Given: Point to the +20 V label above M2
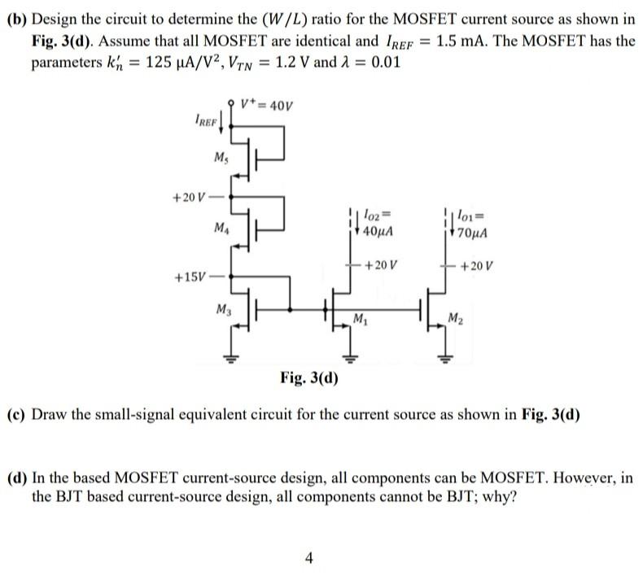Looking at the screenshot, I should click(x=478, y=265).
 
